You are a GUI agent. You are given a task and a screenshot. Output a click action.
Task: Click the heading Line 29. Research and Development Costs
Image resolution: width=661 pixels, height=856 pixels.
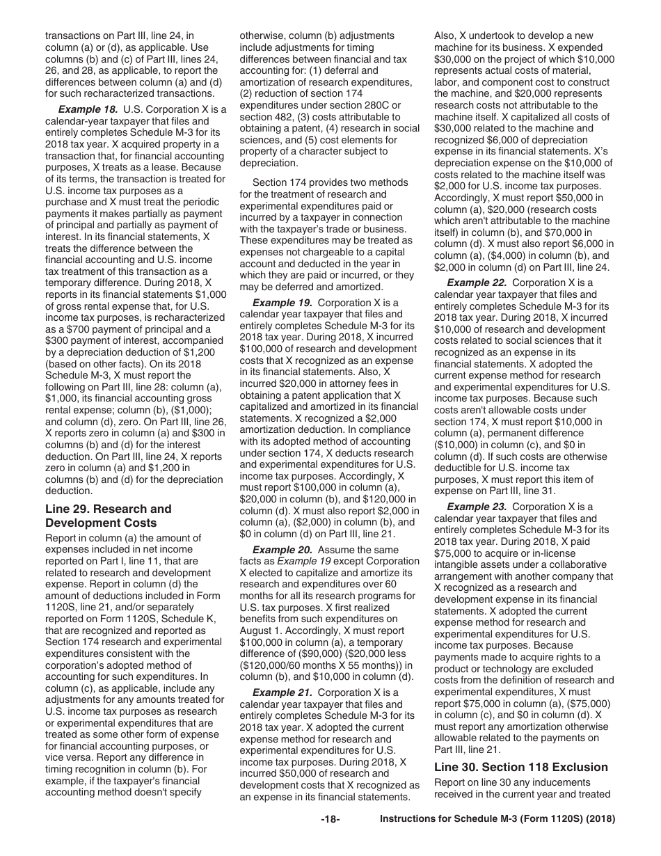pyautogui.click(x=108, y=516)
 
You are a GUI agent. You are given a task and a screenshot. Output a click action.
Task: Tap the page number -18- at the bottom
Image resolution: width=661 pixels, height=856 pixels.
pyautogui.click(x=330, y=839)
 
